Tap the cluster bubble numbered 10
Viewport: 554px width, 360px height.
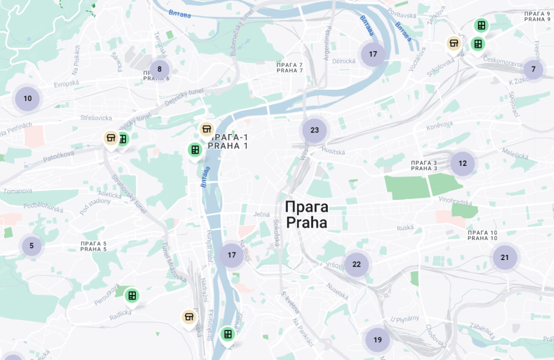pyautogui.click(x=28, y=98)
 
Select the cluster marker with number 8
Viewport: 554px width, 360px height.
pyautogui.click(x=160, y=69)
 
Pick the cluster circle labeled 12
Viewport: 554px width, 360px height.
pyautogui.click(x=463, y=163)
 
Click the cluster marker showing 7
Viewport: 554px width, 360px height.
pyautogui.click(x=533, y=69)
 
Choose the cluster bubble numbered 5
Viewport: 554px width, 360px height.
pyautogui.click(x=31, y=246)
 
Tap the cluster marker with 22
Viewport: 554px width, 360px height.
pyautogui.click(x=357, y=264)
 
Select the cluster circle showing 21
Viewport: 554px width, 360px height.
pyautogui.click(x=505, y=257)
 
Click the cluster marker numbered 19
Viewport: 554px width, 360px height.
pyautogui.click(x=378, y=340)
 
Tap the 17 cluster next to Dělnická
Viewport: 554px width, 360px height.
pyautogui.click(x=373, y=54)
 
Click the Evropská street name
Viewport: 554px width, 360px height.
pyautogui.click(x=67, y=84)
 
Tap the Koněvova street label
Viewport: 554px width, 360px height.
pyautogui.click(x=439, y=124)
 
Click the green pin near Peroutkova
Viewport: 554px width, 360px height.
pyautogui.click(x=131, y=295)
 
